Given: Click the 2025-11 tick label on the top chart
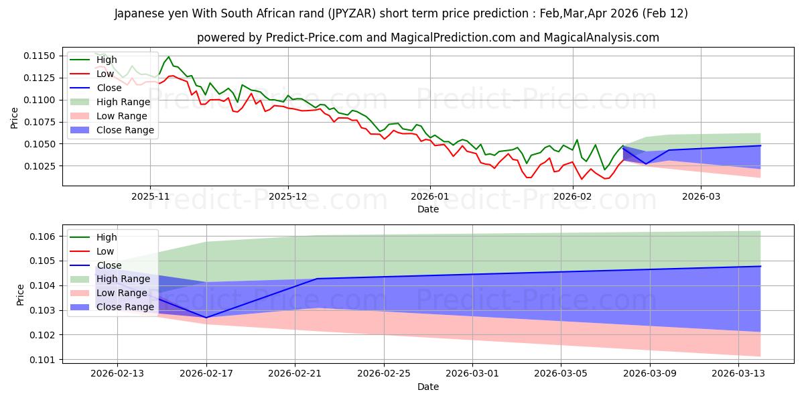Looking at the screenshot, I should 150,196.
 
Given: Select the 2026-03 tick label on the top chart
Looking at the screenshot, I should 701,196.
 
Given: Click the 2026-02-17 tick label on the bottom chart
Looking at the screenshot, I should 206,373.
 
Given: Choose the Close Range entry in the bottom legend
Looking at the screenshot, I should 125,307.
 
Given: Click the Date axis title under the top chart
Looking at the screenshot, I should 428,209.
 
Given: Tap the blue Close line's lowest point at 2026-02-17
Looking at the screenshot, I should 206,318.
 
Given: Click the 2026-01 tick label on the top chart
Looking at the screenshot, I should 429,196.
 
